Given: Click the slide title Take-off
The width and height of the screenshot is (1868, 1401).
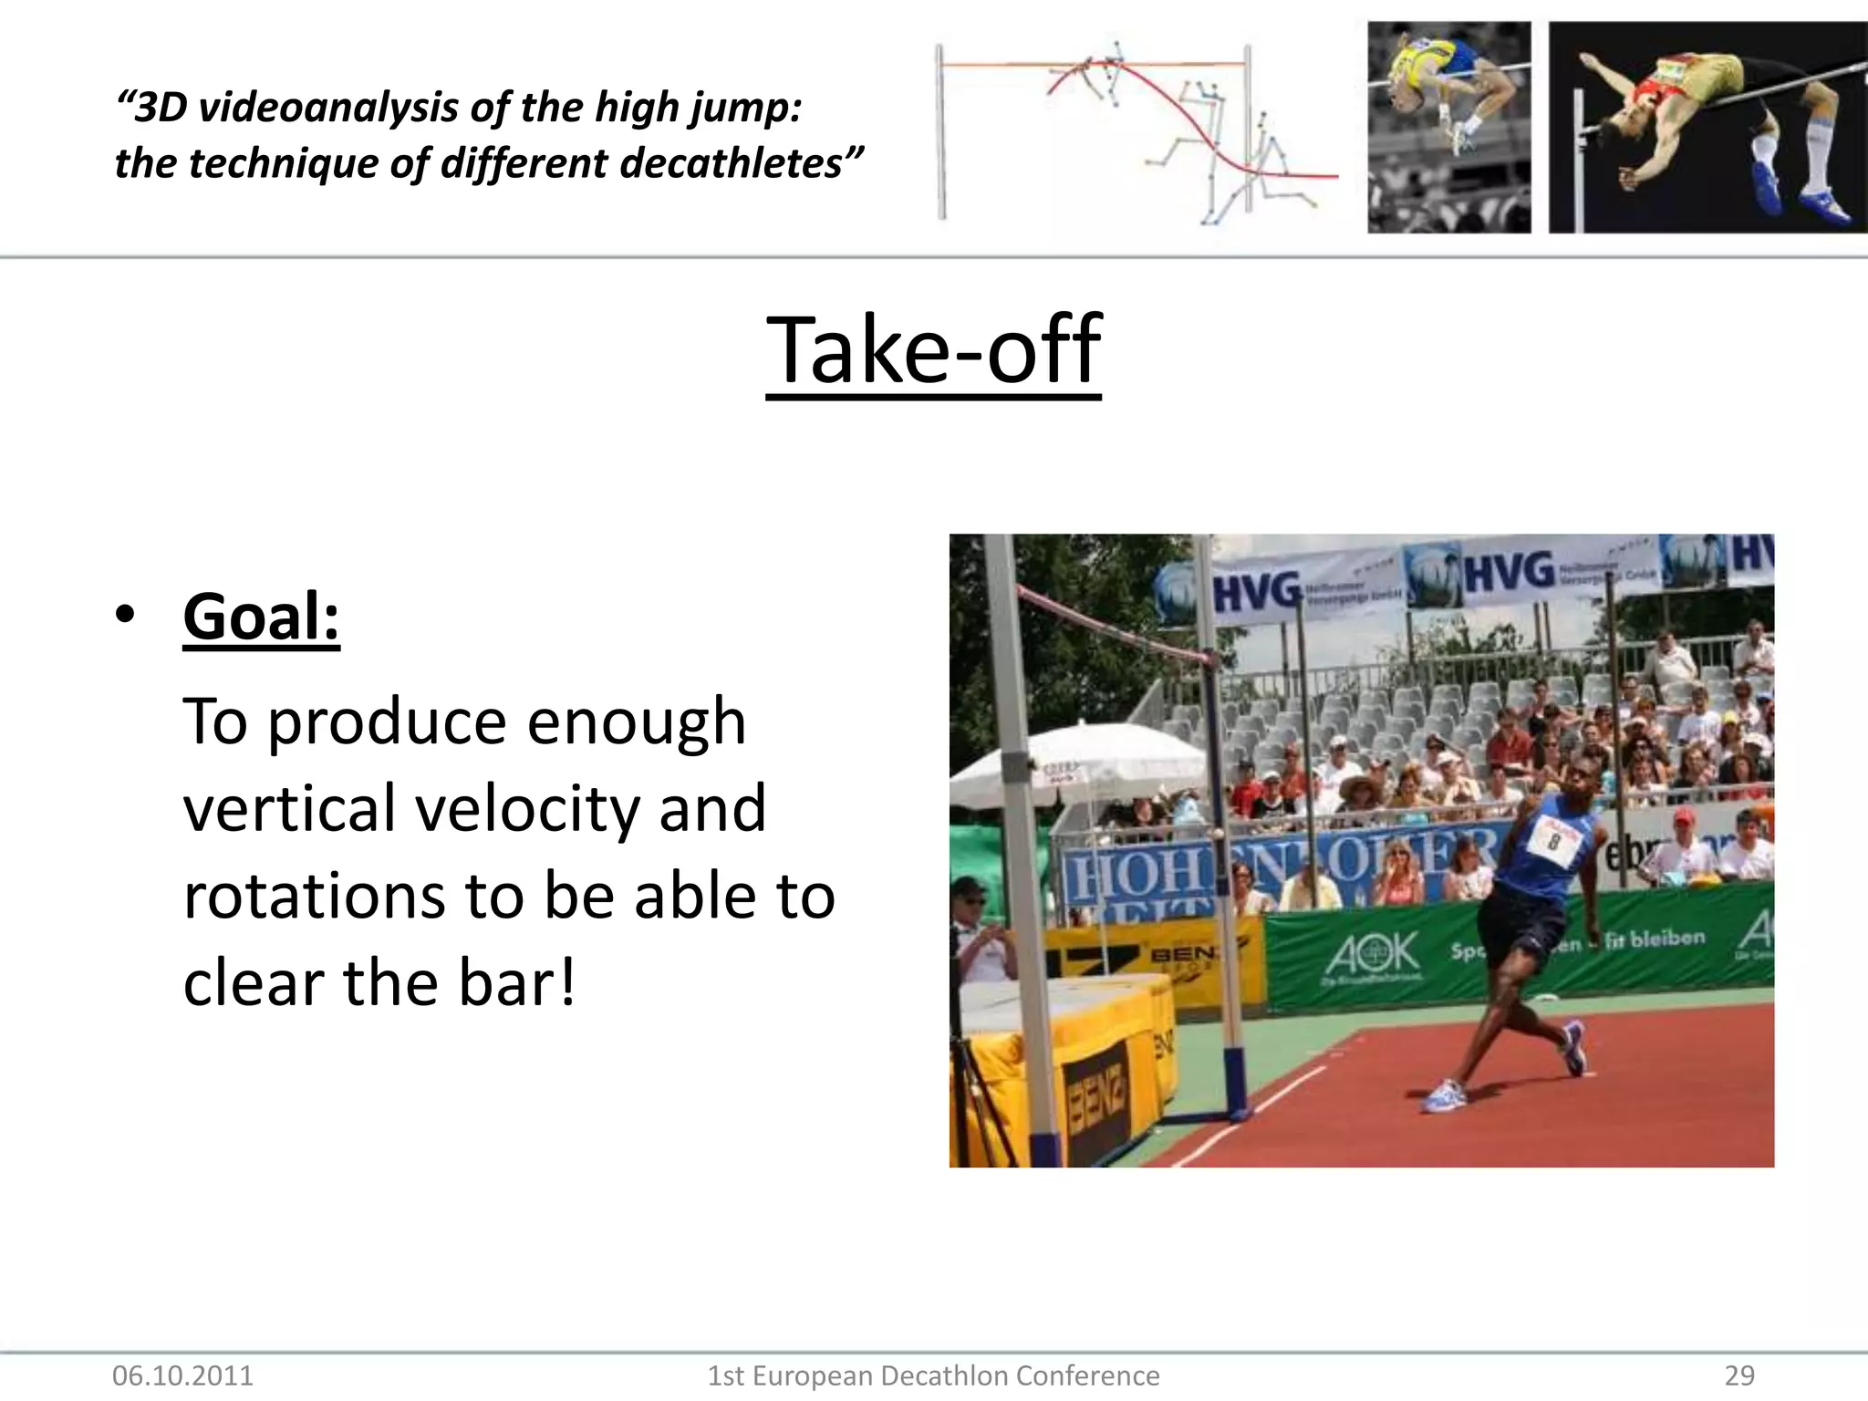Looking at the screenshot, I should (933, 351).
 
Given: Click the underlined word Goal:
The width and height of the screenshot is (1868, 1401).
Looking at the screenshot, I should (261, 617).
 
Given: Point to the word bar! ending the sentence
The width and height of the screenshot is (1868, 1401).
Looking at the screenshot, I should (517, 983).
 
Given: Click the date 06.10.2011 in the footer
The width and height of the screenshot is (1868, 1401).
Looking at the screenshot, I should (182, 1375).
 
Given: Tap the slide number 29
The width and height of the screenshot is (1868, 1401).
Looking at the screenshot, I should (1739, 1375).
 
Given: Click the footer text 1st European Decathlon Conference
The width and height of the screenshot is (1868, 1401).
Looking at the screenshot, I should (933, 1375).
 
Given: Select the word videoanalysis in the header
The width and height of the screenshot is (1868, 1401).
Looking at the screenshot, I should (328, 108).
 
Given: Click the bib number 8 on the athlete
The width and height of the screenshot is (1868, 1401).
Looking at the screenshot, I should (1554, 839).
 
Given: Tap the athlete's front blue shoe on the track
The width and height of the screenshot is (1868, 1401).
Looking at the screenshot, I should (1444, 1095).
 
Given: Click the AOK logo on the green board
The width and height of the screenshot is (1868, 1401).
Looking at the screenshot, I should (1373, 954).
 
